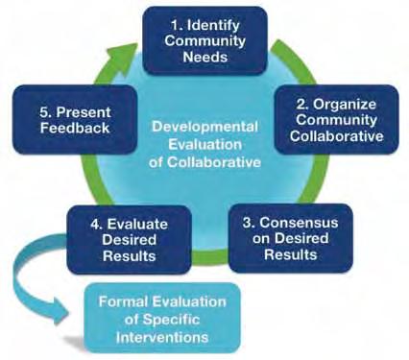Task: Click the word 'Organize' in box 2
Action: point(344,105)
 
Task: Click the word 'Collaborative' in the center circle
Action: point(214,161)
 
